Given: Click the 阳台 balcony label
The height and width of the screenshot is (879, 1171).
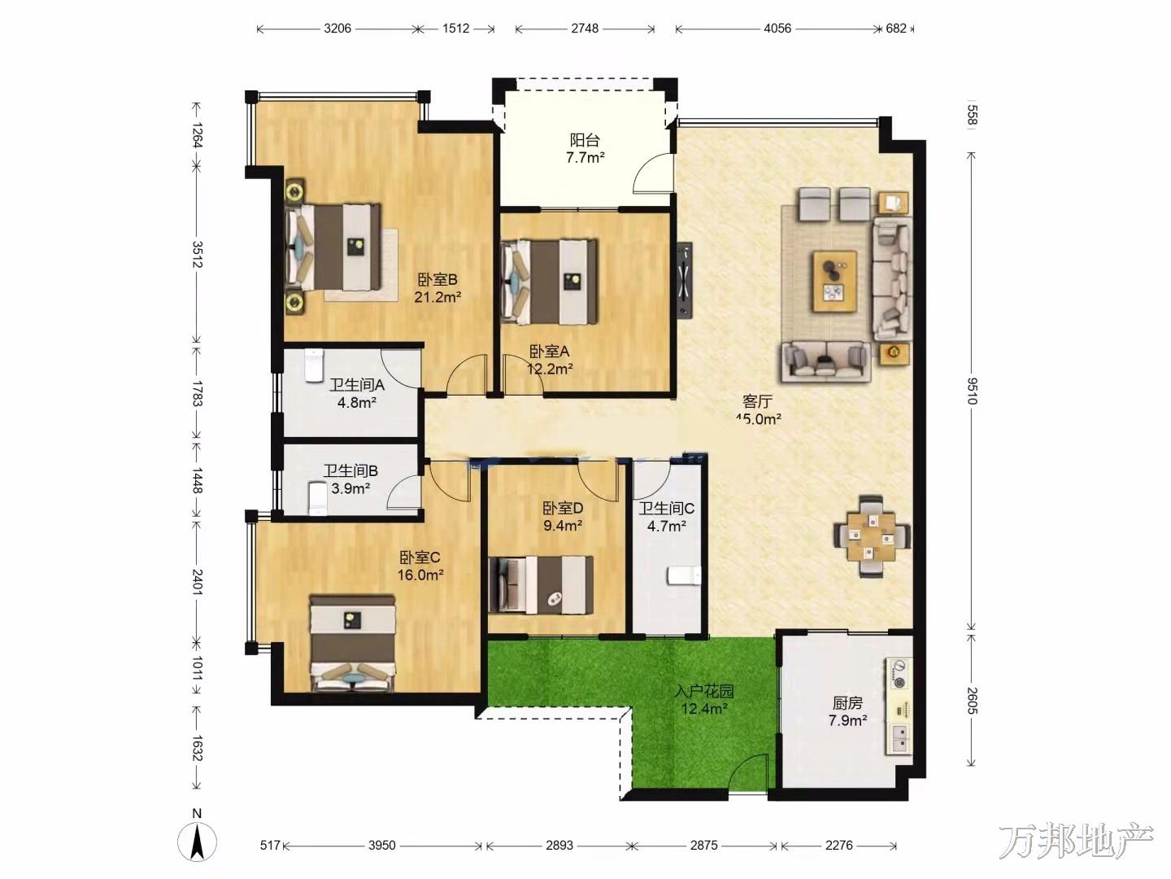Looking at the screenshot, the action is click(585, 140).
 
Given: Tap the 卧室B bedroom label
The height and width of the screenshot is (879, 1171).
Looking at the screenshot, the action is click(437, 280).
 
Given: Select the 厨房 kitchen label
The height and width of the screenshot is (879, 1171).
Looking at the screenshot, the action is click(847, 703).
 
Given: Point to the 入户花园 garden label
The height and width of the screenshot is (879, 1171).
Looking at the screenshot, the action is click(704, 691).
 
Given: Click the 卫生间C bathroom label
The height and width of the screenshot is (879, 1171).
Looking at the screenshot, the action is click(667, 509).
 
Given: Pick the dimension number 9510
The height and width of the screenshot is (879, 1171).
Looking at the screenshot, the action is click(972, 391).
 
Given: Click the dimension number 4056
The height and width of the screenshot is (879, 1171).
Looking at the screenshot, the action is click(777, 28).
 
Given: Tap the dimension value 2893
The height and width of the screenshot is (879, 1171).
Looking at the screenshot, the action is click(559, 846).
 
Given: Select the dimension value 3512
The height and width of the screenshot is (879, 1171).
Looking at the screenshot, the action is click(198, 255).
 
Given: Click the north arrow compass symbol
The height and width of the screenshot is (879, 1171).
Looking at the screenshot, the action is click(198, 842).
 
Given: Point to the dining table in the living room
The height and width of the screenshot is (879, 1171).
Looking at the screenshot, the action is click(872, 536).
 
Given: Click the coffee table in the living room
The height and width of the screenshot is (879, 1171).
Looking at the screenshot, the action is click(834, 282).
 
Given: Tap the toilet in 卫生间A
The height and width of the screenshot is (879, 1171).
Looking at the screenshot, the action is click(314, 365).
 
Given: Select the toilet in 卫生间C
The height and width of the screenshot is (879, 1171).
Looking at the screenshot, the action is click(683, 576).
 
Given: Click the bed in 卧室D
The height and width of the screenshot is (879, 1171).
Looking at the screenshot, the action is click(541, 585).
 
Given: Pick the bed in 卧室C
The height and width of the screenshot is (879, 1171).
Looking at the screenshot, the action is click(353, 645).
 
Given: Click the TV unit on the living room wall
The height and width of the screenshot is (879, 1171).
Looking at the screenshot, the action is click(685, 281).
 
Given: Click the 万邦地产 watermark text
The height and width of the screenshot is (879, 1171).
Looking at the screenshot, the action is click(1076, 841).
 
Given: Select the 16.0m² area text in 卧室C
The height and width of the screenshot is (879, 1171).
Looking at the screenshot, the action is click(420, 575).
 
